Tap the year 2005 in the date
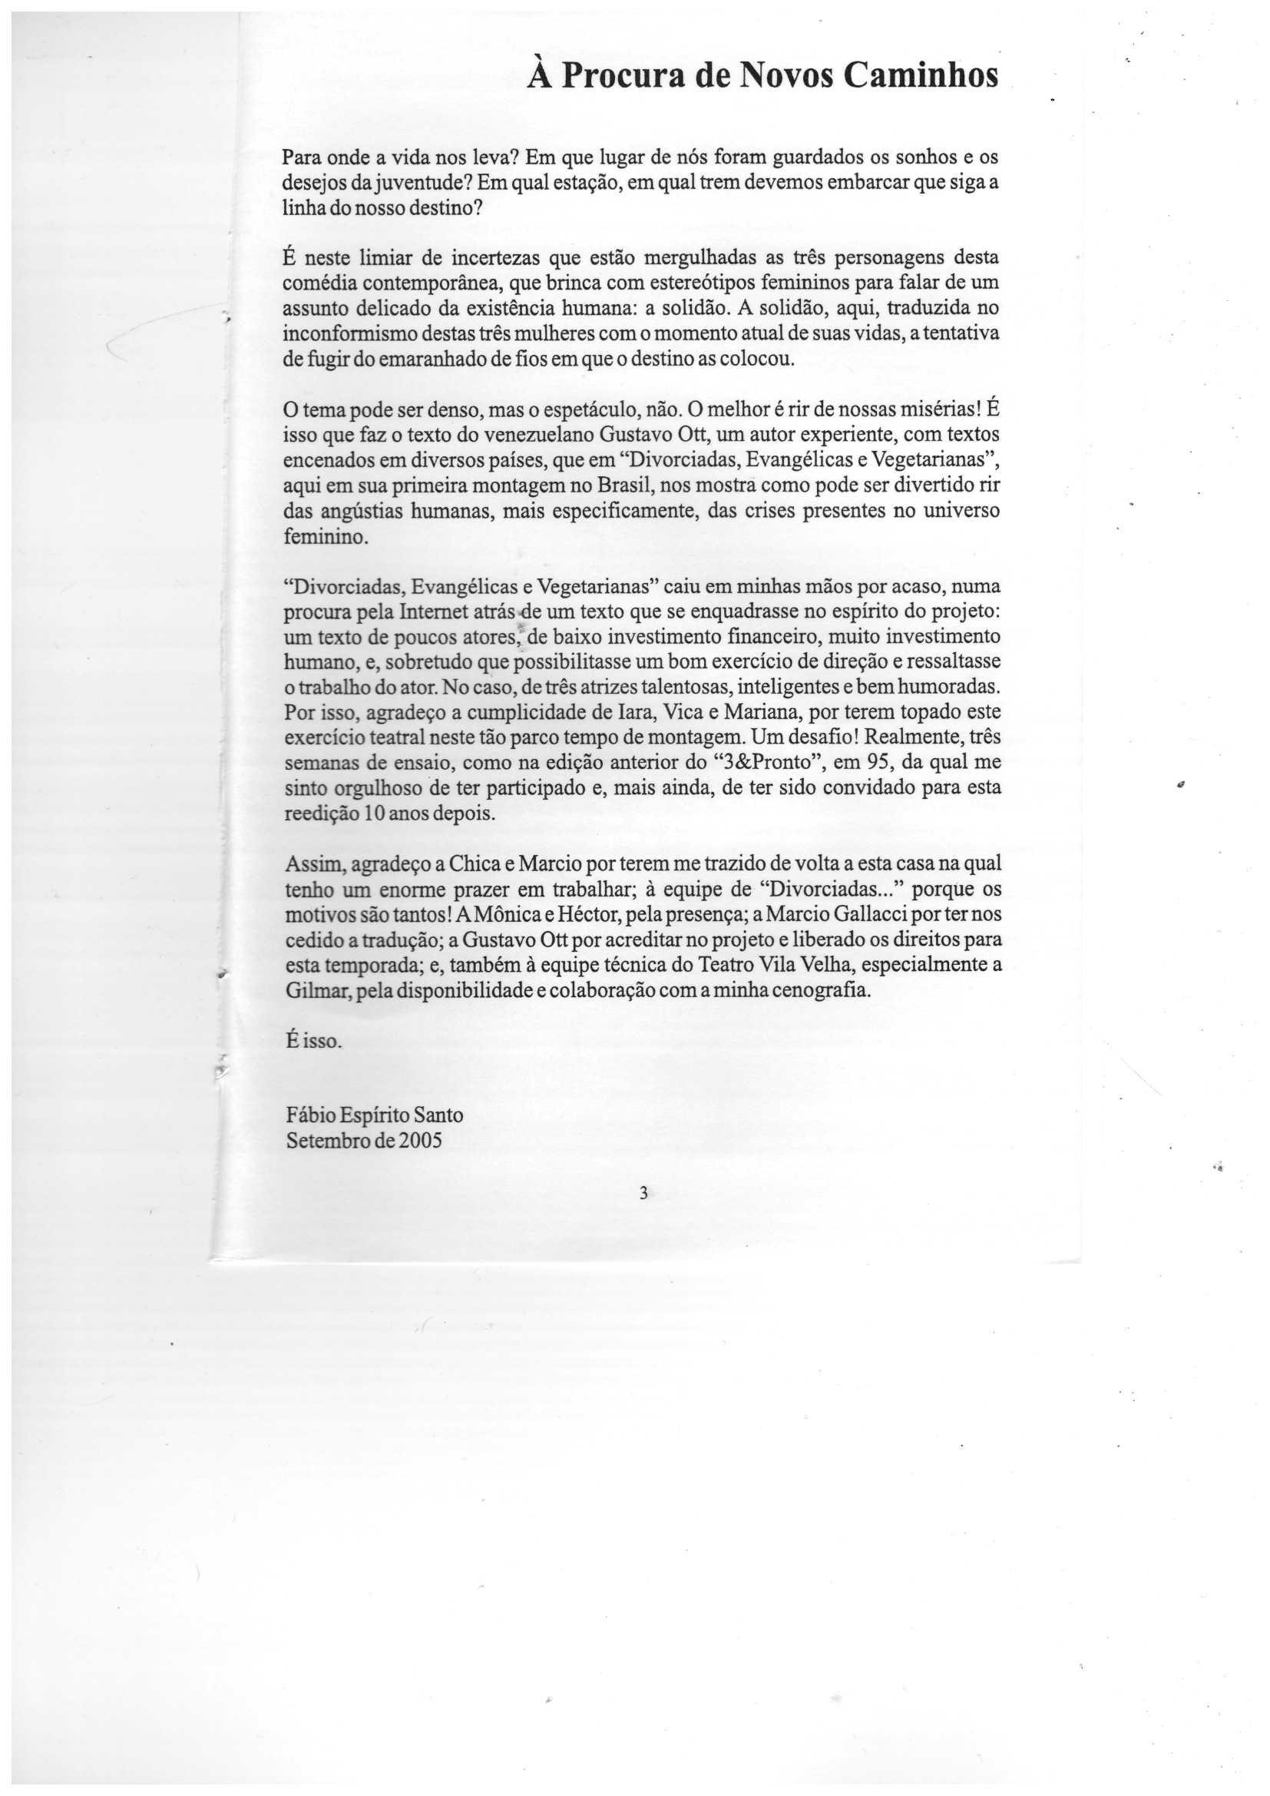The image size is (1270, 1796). (421, 1142)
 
